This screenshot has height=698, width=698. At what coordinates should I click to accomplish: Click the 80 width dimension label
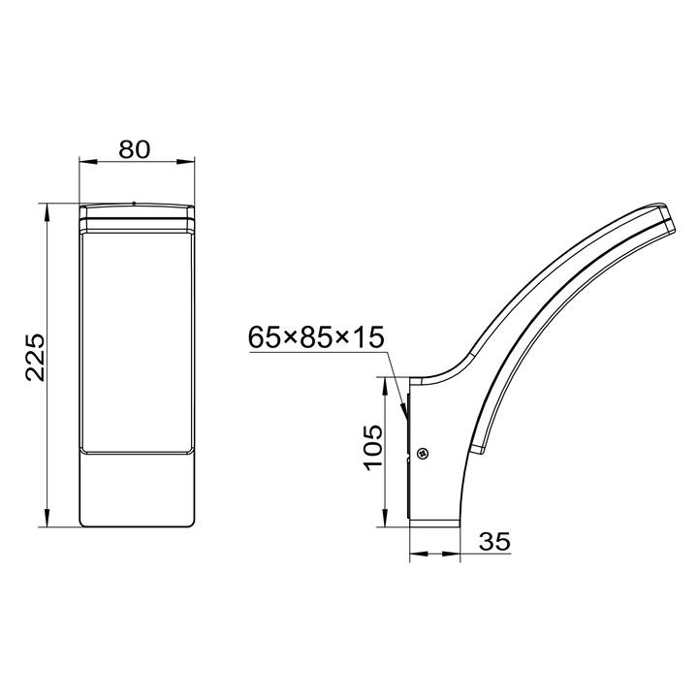[x=135, y=149]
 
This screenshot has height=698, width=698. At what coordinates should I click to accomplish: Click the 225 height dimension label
[x=36, y=357]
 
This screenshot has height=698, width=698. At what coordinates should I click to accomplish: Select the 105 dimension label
[x=373, y=447]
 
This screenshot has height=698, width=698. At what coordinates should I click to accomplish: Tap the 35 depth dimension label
[x=494, y=541]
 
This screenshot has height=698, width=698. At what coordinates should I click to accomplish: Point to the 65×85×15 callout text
[x=316, y=337]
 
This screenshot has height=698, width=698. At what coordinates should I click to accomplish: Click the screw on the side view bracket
[x=422, y=454]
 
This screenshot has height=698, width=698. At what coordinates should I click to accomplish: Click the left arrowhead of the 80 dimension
[x=88, y=162]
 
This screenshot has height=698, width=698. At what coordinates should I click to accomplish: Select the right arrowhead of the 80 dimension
[x=185, y=162]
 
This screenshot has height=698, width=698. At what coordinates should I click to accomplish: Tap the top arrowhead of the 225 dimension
[x=47, y=212]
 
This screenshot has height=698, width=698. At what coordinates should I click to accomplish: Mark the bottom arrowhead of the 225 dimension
[x=47, y=518]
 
